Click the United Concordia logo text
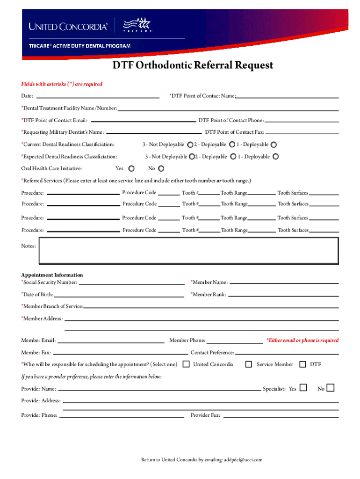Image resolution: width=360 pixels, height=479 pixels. (x=68, y=27)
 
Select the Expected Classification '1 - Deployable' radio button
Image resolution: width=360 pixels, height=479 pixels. (x=276, y=157)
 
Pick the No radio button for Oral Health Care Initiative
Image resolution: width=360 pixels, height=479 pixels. (x=161, y=168)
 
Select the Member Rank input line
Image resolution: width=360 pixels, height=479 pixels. (x=283, y=295)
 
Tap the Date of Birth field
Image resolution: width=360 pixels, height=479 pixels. (x=119, y=295)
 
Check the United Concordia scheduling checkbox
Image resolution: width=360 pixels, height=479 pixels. (x=186, y=364)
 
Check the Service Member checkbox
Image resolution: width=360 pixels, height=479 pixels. (x=249, y=364)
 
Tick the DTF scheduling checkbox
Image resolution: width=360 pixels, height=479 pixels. (x=302, y=364)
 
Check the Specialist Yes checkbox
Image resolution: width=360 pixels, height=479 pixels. (x=303, y=388)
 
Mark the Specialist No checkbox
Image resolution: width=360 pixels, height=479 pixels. (x=331, y=388)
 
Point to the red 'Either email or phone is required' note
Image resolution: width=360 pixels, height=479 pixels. (x=302, y=341)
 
